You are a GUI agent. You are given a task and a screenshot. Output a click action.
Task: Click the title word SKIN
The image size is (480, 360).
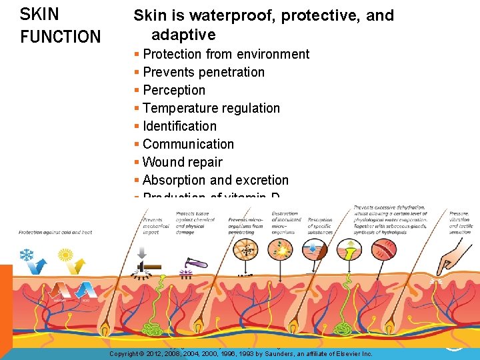click(39, 14)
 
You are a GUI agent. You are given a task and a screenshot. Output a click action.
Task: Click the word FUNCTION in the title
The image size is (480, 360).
click(60, 37)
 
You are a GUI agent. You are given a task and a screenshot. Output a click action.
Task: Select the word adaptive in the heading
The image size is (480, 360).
click(183, 35)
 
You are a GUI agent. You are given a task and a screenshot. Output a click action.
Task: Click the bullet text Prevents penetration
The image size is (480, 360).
click(203, 72)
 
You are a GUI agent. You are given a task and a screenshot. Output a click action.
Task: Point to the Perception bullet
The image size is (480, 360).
click(173, 90)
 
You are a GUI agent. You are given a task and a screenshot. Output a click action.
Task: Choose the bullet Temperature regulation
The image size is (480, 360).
click(211, 108)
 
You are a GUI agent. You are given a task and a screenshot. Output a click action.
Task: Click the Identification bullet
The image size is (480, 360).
click(179, 126)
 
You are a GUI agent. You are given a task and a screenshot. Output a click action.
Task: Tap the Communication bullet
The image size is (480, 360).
click(188, 144)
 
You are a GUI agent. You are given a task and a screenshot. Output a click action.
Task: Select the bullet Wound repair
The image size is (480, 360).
click(182, 162)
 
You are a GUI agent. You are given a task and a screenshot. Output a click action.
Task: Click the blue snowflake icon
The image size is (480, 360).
click(26, 255)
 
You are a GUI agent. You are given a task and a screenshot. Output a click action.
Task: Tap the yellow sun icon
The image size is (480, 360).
click(65, 255)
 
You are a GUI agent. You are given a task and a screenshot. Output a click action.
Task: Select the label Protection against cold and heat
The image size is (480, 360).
click(55, 232)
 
